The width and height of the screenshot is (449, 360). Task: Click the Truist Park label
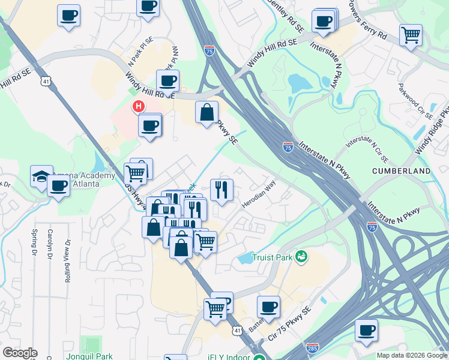pyautogui.click(x=273, y=257)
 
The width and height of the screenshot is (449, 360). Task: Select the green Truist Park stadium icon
pyautogui.click(x=301, y=257)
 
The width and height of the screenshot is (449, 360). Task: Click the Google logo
pyautogui.click(x=20, y=353)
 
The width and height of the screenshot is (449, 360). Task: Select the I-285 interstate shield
pyautogui.click(x=312, y=347)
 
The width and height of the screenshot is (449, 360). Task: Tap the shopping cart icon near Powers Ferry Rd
pyautogui.click(x=411, y=35)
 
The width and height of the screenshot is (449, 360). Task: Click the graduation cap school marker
pyautogui.click(x=41, y=176)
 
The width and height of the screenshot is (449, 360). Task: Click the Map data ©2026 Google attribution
pyautogui.click(x=412, y=355)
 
